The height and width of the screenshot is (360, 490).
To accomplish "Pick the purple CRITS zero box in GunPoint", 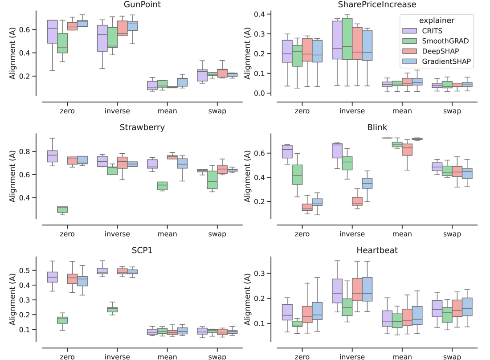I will click(x=53, y=32).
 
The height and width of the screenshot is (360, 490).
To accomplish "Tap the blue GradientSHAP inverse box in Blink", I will click(x=367, y=184).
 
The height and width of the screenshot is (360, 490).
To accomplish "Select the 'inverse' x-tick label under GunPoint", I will click(x=117, y=110).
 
